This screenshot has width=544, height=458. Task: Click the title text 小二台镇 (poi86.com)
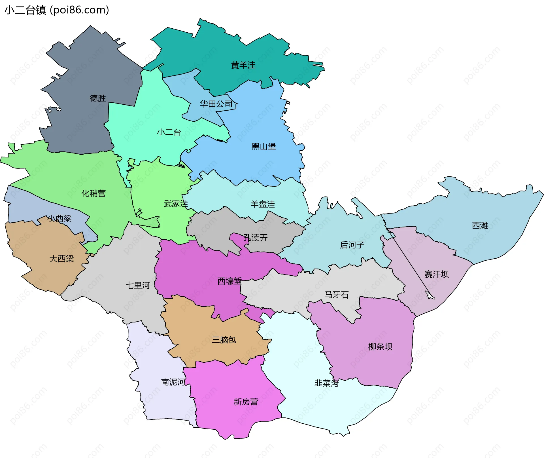pyautogui.click(x=57, y=10)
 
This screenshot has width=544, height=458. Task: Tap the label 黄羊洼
pyautogui.click(x=243, y=65)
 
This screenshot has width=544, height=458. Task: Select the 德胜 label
pyautogui.click(x=98, y=98)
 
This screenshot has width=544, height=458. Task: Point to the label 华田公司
pyautogui.click(x=216, y=104)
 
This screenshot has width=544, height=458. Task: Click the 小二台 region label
pyautogui.click(x=169, y=132)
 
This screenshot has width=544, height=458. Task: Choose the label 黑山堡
pyautogui.click(x=263, y=146)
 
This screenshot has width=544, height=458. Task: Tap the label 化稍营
pyautogui.click(x=93, y=193)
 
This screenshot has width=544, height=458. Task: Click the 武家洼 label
pyautogui.click(x=176, y=204)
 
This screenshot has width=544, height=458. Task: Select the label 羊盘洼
pyautogui.click(x=263, y=204)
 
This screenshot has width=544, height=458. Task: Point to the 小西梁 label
pyautogui.click(x=59, y=218)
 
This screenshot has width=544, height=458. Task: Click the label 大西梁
pyautogui.click(x=61, y=259)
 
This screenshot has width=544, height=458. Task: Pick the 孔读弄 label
pyautogui.click(x=256, y=238)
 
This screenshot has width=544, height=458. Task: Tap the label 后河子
pyautogui.click(x=352, y=245)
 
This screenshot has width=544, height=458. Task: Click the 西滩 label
pyautogui.click(x=480, y=226)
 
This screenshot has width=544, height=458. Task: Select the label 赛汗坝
pyautogui.click(x=436, y=274)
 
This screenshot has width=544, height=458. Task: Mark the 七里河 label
pyautogui.click(x=138, y=285)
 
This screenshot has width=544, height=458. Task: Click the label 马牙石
pyautogui.click(x=336, y=295)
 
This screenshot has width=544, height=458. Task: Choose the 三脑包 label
pyautogui.click(x=224, y=340)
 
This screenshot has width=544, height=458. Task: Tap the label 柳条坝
pyautogui.click(x=380, y=347)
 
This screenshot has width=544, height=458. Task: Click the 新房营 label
pyautogui.click(x=246, y=402)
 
